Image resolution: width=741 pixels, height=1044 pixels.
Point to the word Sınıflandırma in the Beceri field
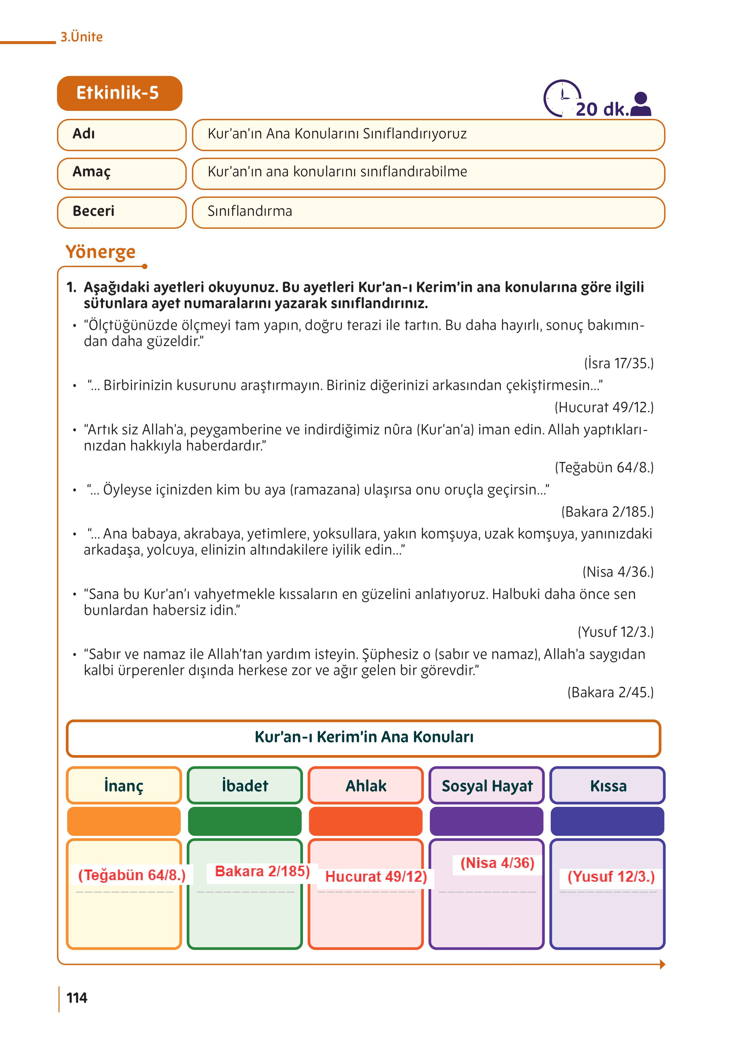click(250, 211)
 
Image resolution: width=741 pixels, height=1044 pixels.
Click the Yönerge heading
click(100, 252)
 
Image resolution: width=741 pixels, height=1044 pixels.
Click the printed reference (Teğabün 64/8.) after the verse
click(604, 467)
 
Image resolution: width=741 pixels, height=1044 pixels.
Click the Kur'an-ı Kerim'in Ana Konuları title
click(364, 737)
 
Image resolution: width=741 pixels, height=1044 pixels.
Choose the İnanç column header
click(123, 786)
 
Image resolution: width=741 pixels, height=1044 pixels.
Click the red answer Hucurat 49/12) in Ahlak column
click(376, 876)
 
